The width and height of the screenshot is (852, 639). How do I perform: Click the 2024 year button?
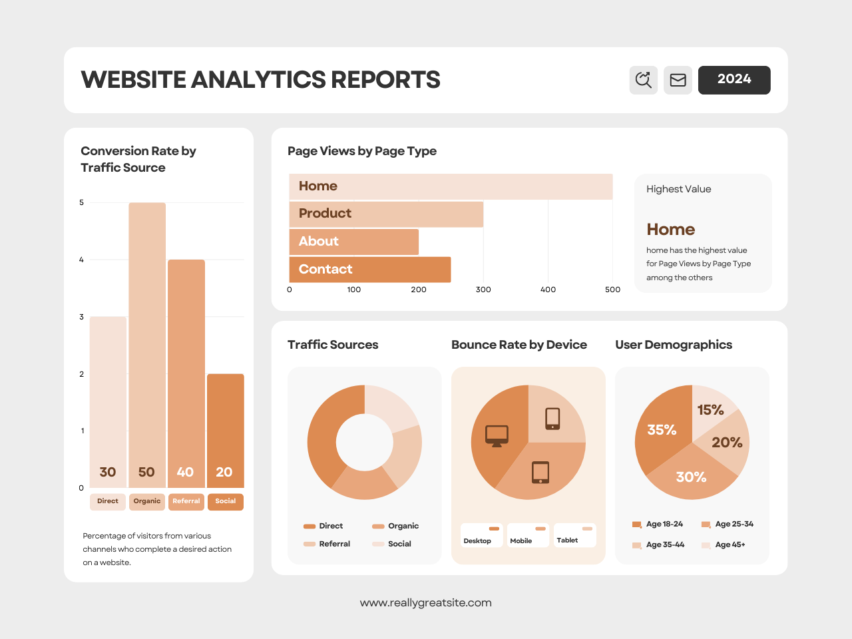point(734,80)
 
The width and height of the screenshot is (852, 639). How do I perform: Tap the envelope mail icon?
point(678,80)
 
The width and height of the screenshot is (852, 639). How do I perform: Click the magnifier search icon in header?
point(643,80)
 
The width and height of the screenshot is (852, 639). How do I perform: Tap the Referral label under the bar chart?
point(186,502)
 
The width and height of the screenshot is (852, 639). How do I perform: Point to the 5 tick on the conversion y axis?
point(82,202)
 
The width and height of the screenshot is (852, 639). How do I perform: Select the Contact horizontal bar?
point(370,270)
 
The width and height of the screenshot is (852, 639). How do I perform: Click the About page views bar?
point(353,242)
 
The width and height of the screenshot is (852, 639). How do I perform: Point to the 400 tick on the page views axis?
point(548,290)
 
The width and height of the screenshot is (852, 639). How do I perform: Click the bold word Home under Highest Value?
point(670,230)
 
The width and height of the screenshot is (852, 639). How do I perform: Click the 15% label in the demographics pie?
point(710,410)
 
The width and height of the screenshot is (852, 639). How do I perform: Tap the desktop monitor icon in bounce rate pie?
point(497,435)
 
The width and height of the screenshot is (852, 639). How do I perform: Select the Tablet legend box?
point(574,535)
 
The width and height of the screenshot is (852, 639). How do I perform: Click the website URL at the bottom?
point(426,602)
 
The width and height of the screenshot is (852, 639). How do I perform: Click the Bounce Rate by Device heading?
point(519,345)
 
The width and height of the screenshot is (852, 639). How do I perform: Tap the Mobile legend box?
point(528,535)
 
